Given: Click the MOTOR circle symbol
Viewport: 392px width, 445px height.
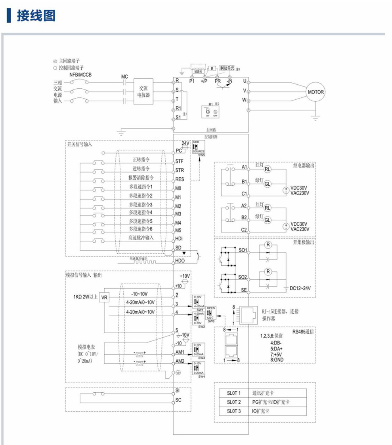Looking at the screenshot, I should tap(316, 92).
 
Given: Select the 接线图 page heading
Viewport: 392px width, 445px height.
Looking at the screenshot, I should tap(35, 16).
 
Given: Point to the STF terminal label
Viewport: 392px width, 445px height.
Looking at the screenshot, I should tap(180, 162).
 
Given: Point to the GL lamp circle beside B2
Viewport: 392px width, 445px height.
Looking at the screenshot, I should tap(268, 220).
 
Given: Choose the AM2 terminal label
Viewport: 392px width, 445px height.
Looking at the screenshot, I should tap(180, 361).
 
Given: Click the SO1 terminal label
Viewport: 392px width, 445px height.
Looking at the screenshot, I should tap(243, 250).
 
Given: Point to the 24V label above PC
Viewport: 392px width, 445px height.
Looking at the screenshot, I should tap(185, 143).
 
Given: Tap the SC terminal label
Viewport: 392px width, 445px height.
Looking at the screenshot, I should tap(178, 400).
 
